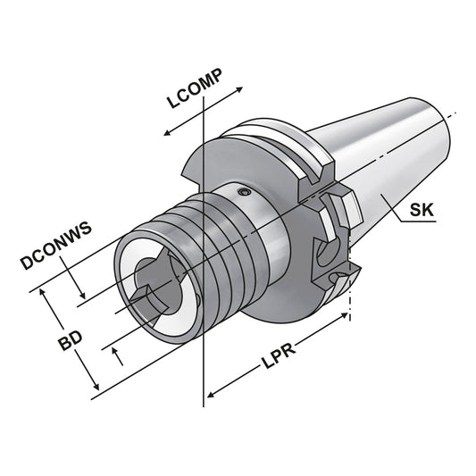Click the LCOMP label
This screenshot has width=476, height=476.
coord(194,88)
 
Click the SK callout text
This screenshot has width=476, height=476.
coord(422,211)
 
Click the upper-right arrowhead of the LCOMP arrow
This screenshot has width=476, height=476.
coord(240,89)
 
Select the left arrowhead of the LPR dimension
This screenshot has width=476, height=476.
coord(212,394)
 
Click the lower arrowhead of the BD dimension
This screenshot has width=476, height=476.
coord(97,391)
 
